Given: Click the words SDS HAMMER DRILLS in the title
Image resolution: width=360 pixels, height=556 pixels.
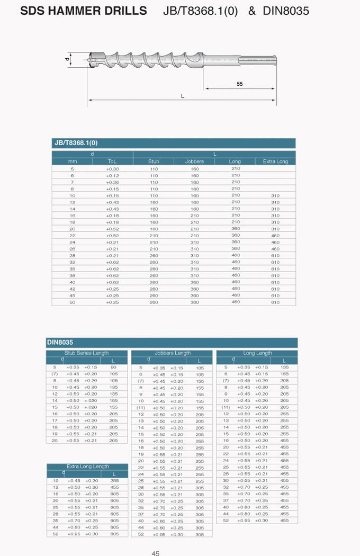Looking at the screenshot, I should pos(83,11).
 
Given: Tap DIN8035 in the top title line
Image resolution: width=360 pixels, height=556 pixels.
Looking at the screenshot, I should pos(286,11).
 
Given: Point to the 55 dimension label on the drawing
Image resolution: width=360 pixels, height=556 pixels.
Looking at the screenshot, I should pos(240,84).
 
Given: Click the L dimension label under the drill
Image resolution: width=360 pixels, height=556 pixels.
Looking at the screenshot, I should pos(183,96).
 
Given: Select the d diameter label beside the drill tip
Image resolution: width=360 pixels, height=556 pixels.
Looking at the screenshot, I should pos(67,59).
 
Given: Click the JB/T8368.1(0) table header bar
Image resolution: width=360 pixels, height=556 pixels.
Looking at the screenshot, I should pos(174,143).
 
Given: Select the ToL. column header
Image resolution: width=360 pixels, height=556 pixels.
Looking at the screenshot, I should pos(113,162).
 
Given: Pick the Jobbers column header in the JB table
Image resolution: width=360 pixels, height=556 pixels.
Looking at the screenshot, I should pos(194,162).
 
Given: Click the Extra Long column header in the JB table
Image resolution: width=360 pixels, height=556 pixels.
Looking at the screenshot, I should pos(275,162).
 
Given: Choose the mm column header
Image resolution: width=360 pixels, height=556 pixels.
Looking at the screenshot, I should pos(73,162).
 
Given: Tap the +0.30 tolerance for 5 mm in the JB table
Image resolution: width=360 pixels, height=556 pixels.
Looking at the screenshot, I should pos(113,169).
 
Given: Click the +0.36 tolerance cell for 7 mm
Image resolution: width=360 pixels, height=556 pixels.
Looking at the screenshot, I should pos(113,182).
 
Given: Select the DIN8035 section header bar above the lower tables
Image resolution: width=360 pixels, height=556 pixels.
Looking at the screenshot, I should pos(172,343).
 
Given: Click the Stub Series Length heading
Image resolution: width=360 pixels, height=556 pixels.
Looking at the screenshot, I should pos(87,353).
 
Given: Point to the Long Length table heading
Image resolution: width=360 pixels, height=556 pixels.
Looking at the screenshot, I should pos(257,353).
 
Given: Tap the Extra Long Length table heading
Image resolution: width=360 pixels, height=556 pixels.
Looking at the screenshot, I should pos(87,467).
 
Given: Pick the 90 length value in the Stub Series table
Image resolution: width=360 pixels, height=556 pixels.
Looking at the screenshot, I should pos(113,367).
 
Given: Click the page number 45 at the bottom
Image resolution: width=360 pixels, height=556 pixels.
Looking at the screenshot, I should pos(156,553).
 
